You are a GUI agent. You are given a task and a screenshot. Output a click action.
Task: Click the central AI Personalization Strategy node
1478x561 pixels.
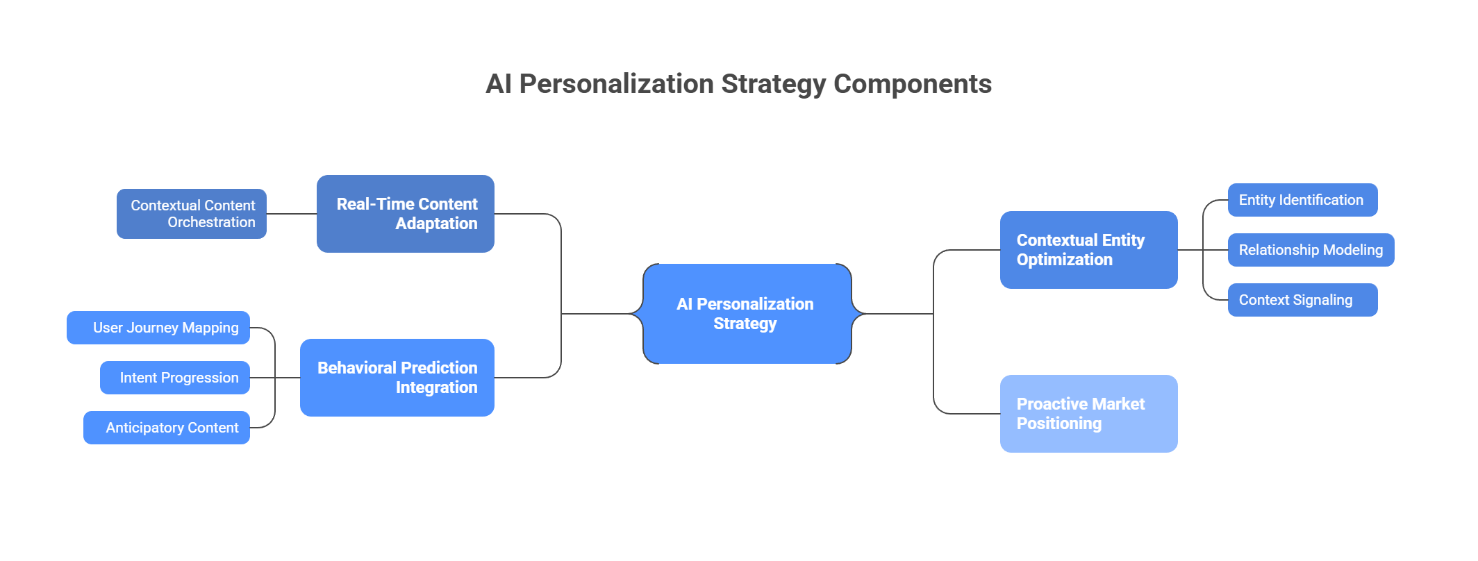click(x=747, y=314)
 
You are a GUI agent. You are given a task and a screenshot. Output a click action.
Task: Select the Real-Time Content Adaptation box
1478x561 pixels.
click(x=406, y=214)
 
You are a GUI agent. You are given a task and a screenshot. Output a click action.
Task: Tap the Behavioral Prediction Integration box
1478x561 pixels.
click(x=397, y=378)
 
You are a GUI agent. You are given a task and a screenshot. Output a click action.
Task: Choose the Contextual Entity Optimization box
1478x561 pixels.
click(x=1088, y=250)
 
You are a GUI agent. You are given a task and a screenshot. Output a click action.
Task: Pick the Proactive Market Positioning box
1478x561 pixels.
click(x=1088, y=414)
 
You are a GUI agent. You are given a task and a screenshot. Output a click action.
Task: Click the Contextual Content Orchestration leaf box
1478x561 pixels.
click(x=192, y=214)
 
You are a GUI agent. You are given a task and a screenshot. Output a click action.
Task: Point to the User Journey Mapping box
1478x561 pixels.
click(x=158, y=328)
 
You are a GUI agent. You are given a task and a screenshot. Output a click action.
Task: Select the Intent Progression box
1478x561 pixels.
click(x=175, y=378)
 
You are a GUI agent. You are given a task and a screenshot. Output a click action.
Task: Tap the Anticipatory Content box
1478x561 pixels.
click(x=167, y=428)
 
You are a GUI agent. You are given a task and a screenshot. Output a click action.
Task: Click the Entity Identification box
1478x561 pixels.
click(x=1302, y=200)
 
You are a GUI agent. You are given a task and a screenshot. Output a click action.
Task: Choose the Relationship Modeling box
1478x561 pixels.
click(x=1311, y=250)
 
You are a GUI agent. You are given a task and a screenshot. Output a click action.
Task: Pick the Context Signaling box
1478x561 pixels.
click(x=1302, y=300)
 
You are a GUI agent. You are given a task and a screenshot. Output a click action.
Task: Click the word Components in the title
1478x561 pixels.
click(x=912, y=84)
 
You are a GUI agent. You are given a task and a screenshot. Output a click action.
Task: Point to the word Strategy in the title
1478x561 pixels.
click(x=773, y=84)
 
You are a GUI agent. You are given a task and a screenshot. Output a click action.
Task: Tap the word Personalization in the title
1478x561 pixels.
click(x=616, y=84)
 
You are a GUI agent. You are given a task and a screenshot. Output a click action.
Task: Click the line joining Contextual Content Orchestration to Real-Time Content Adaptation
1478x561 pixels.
click(x=292, y=214)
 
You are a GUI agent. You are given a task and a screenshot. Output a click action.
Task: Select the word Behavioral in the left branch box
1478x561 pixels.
click(x=356, y=368)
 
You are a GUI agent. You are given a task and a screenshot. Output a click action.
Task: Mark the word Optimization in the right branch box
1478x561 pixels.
click(x=1064, y=260)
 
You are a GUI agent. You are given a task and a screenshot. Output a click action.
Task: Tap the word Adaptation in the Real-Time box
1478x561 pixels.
click(x=436, y=224)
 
